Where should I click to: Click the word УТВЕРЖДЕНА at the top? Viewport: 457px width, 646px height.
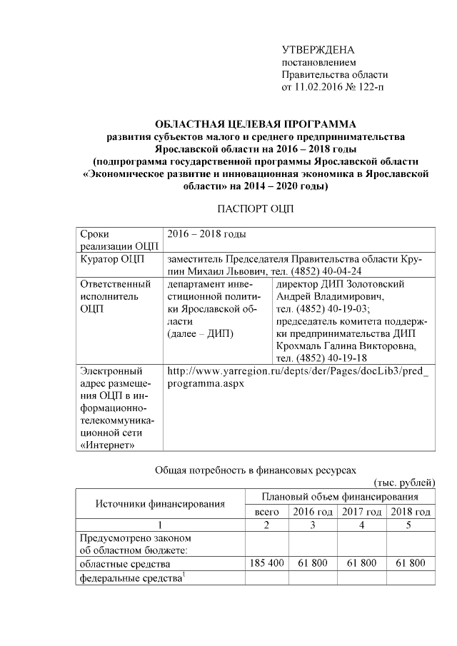318,50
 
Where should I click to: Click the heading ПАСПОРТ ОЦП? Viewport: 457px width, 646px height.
254,209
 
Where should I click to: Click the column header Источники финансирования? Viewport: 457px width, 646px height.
160,504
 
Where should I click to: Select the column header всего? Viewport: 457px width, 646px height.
266,512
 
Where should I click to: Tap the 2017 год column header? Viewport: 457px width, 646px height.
361,512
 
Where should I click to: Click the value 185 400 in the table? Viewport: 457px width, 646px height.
266,564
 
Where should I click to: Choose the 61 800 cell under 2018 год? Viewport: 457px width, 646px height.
411,564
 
